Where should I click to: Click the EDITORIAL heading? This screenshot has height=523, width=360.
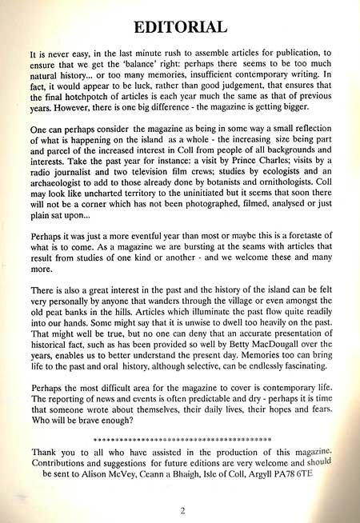pos(180,28)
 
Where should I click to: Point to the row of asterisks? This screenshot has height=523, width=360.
pos(182,438)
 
